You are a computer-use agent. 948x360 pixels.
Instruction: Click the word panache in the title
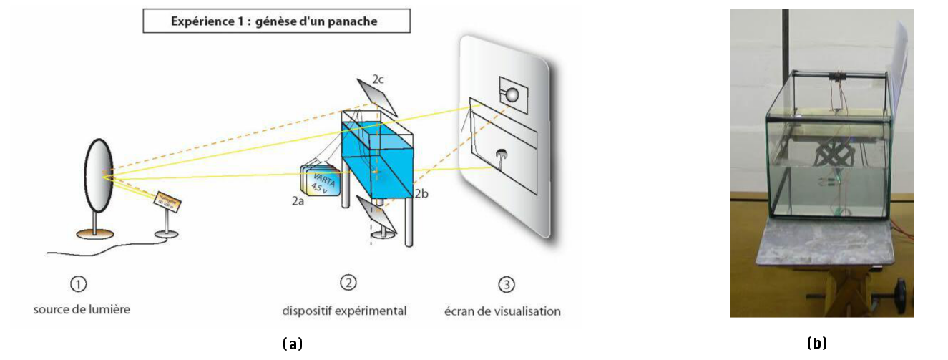point(353,21)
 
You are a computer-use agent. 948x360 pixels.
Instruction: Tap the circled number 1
point(78,284)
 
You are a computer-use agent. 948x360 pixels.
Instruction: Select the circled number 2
point(348,283)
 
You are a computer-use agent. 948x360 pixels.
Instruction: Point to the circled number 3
point(506,284)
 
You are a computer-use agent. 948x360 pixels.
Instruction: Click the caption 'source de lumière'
point(82,309)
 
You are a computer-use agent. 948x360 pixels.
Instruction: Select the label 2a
point(298,202)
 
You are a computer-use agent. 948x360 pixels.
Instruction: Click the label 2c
point(378,79)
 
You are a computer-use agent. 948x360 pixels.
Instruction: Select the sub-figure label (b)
point(817,344)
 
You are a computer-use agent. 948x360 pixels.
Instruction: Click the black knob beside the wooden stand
point(899,292)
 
